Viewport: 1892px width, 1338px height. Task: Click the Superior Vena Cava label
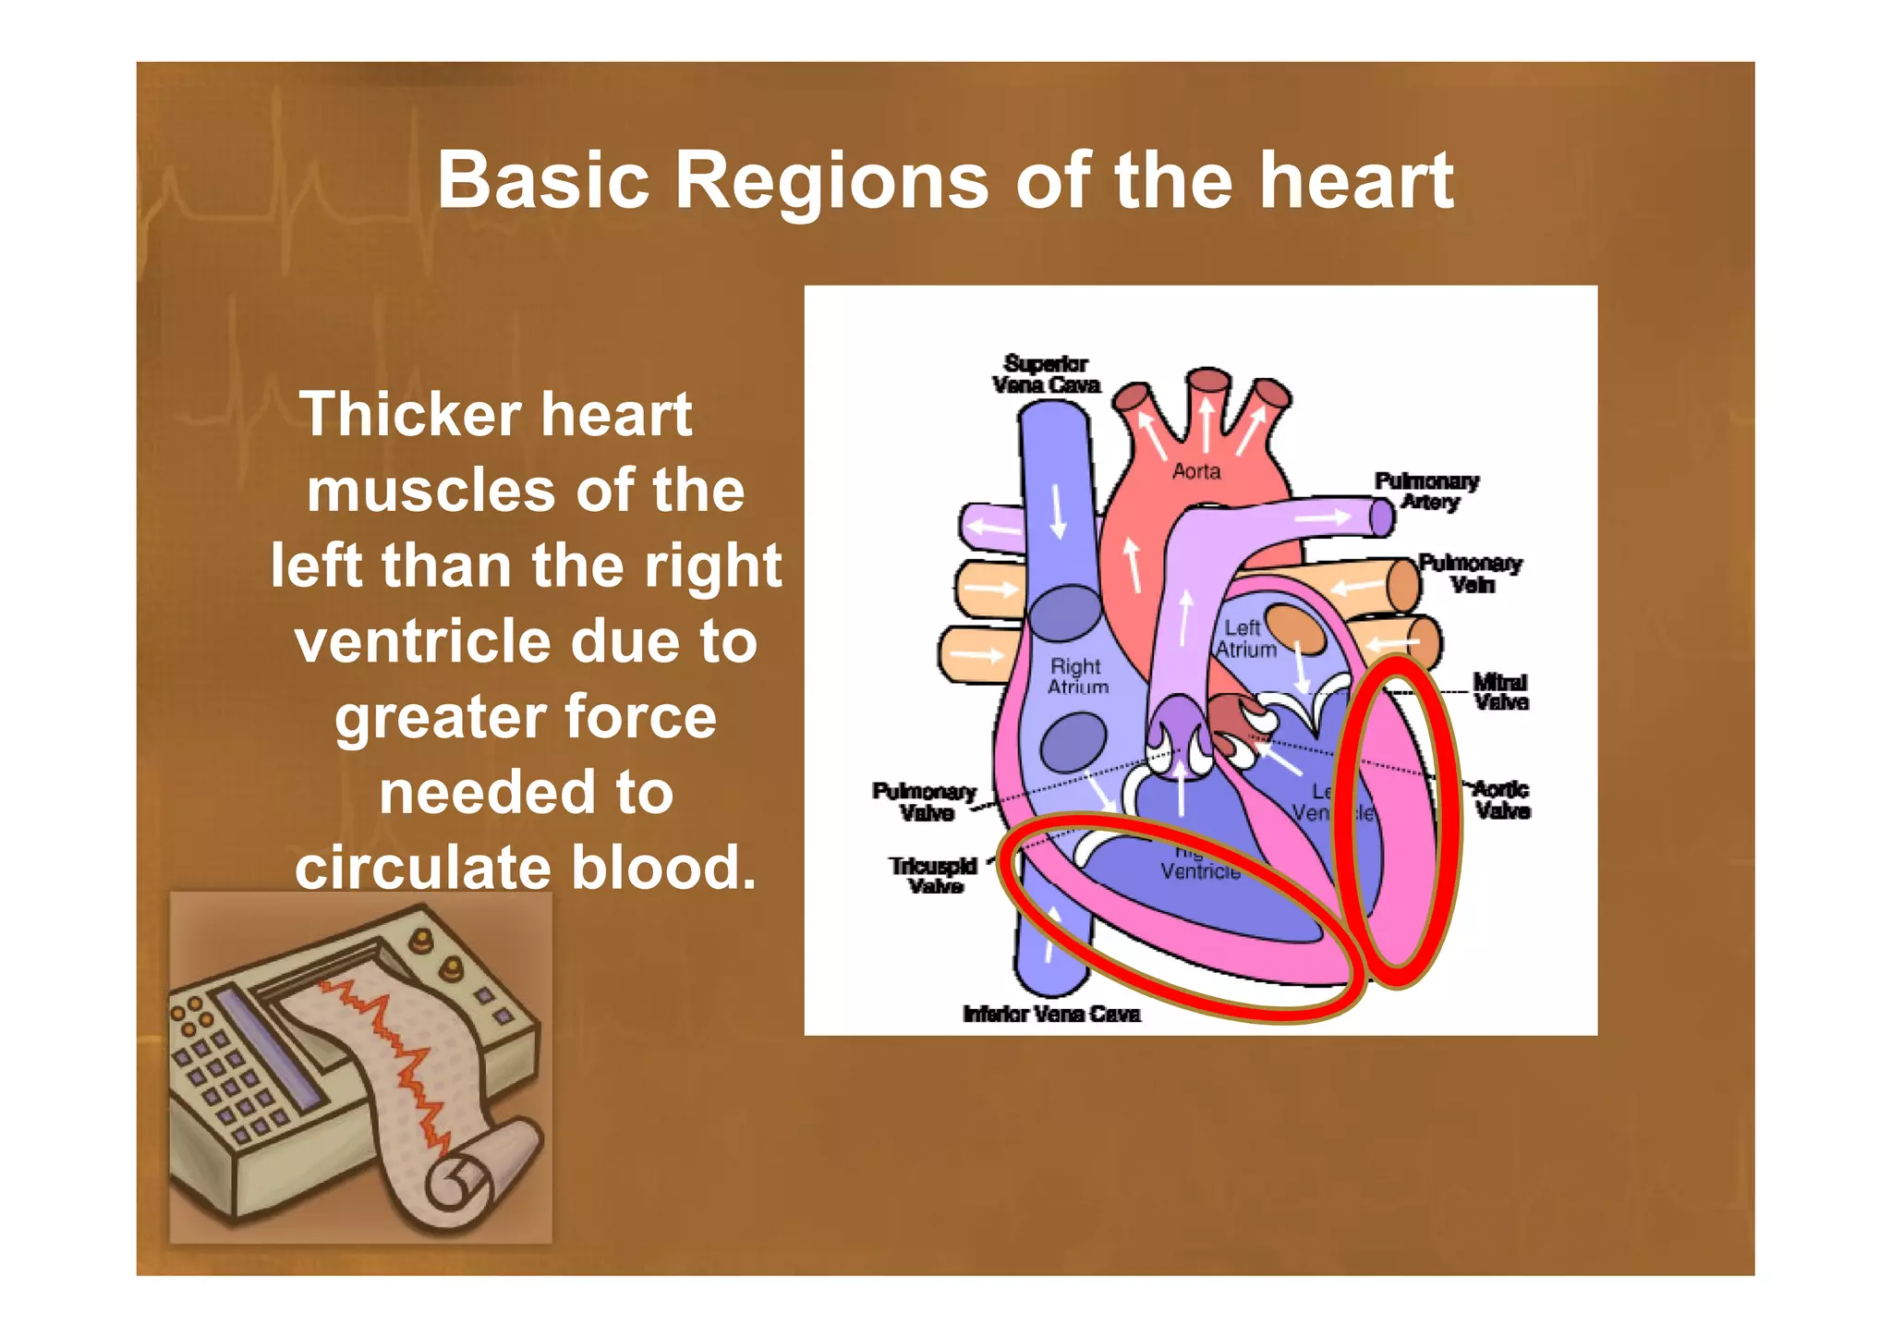(1046, 374)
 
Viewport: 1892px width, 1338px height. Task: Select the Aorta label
(1196, 472)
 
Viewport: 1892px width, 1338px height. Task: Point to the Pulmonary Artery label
(1427, 492)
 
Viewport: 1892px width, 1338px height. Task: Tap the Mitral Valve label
(1500, 692)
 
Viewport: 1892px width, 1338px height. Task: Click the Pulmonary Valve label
(925, 802)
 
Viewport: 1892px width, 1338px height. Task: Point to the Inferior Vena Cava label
(1051, 1015)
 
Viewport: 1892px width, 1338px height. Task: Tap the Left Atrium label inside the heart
(1244, 639)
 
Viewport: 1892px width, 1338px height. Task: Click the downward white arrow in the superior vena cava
(1059, 510)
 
